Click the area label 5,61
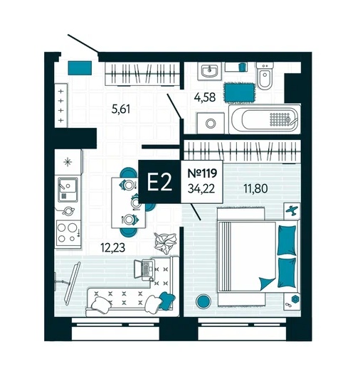(121, 109)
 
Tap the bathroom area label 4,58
(205, 97)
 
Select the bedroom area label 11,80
(255, 188)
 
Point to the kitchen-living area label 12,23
(112, 247)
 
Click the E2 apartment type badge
(159, 182)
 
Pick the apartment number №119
(202, 173)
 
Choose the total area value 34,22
(201, 189)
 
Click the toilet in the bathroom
(265, 75)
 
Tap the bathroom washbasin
(210, 71)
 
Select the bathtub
(265, 119)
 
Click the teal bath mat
(239, 92)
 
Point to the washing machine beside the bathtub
(211, 123)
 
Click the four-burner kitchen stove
(68, 234)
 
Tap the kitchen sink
(68, 189)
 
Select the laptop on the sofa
(144, 269)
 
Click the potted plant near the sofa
(165, 243)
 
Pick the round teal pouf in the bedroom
(203, 301)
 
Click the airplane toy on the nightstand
(292, 210)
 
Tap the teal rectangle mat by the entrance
(80, 68)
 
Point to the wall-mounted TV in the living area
(72, 284)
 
